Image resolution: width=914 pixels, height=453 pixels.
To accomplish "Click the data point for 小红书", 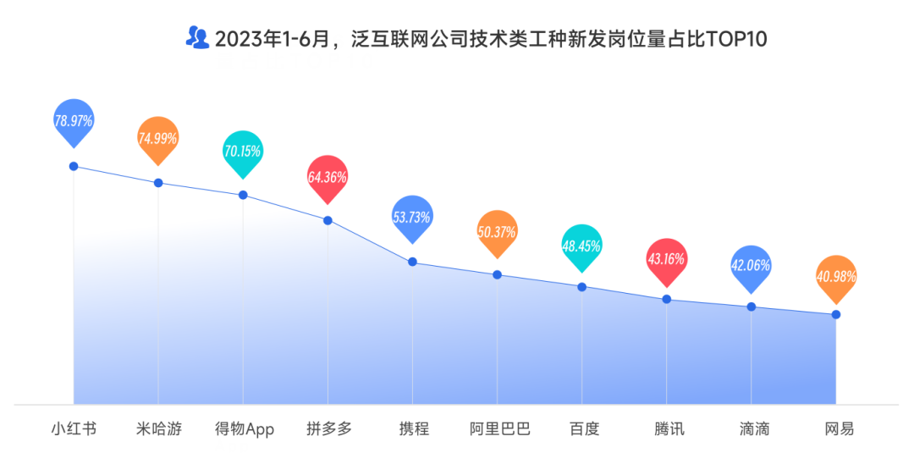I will click(x=74, y=166).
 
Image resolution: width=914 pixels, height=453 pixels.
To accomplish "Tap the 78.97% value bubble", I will click(x=74, y=120).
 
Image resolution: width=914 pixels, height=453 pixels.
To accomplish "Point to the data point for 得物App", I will click(x=243, y=195).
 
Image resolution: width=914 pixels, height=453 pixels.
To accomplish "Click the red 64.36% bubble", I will click(x=328, y=177).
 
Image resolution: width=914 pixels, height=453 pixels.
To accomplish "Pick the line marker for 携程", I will click(x=413, y=262).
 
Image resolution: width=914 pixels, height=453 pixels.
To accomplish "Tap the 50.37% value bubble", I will click(x=497, y=231).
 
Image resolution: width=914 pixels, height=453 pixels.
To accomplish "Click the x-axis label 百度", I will click(x=583, y=428).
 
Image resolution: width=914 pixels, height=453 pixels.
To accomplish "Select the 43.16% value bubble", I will click(x=666, y=259).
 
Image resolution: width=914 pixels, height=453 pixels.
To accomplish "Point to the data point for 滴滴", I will click(x=752, y=307).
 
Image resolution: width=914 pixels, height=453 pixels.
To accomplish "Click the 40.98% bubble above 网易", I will click(x=836, y=276).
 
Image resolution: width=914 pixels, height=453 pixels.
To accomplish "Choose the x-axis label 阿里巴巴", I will click(x=499, y=428).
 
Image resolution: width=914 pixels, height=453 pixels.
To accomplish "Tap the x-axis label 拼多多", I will click(x=328, y=428).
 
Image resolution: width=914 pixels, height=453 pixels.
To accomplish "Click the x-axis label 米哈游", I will click(x=158, y=428).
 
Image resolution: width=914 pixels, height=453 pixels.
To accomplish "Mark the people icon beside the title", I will click(x=196, y=37).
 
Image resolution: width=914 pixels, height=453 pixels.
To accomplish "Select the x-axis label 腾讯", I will click(x=669, y=428).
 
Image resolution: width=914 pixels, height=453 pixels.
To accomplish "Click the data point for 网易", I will click(x=836, y=314).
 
